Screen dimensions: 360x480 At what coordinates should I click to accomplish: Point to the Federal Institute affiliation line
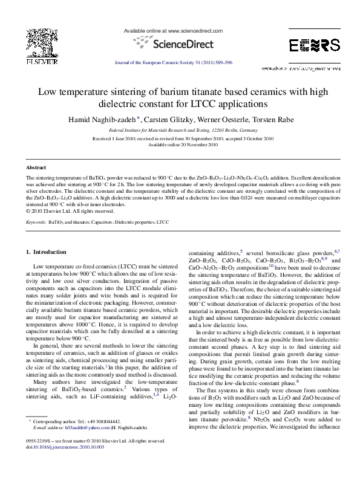(x=179, y=129)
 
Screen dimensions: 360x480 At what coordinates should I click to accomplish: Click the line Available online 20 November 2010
(x=179, y=144)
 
